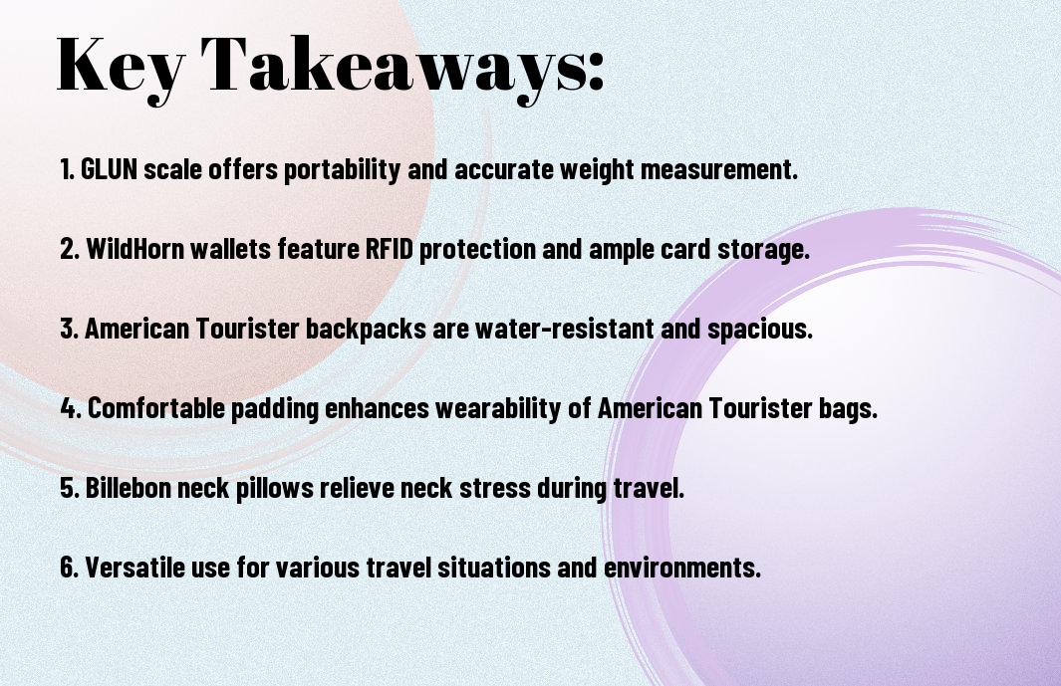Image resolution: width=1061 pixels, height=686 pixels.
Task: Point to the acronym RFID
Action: [x=390, y=248]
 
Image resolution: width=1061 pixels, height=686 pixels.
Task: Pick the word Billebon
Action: [x=128, y=487]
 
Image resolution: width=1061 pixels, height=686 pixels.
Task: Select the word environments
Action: [x=682, y=567]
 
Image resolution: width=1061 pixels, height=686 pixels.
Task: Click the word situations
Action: [x=494, y=567]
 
